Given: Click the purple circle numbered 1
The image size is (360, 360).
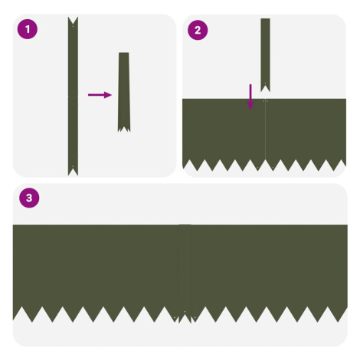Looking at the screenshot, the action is point(28,29).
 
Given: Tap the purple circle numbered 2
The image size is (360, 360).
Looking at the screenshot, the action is point(198,30).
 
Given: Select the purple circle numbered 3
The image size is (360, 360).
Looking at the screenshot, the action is point(29,198).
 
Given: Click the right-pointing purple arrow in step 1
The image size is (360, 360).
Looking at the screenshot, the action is point(100,95).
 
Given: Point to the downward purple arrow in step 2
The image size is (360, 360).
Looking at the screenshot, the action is point(250,97).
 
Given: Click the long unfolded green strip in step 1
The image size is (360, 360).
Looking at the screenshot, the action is point(73,97).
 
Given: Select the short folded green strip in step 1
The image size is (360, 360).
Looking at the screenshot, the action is point(124,92).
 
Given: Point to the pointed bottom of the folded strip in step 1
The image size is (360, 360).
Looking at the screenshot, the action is point(124,129).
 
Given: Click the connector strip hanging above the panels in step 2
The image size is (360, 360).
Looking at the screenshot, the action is point(265,55).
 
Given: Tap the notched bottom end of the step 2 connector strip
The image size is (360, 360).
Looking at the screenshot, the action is point(265,87).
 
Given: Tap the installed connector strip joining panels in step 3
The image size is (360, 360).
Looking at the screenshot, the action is point(185,273).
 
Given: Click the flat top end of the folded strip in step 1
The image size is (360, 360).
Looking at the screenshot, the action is point(124,53).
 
